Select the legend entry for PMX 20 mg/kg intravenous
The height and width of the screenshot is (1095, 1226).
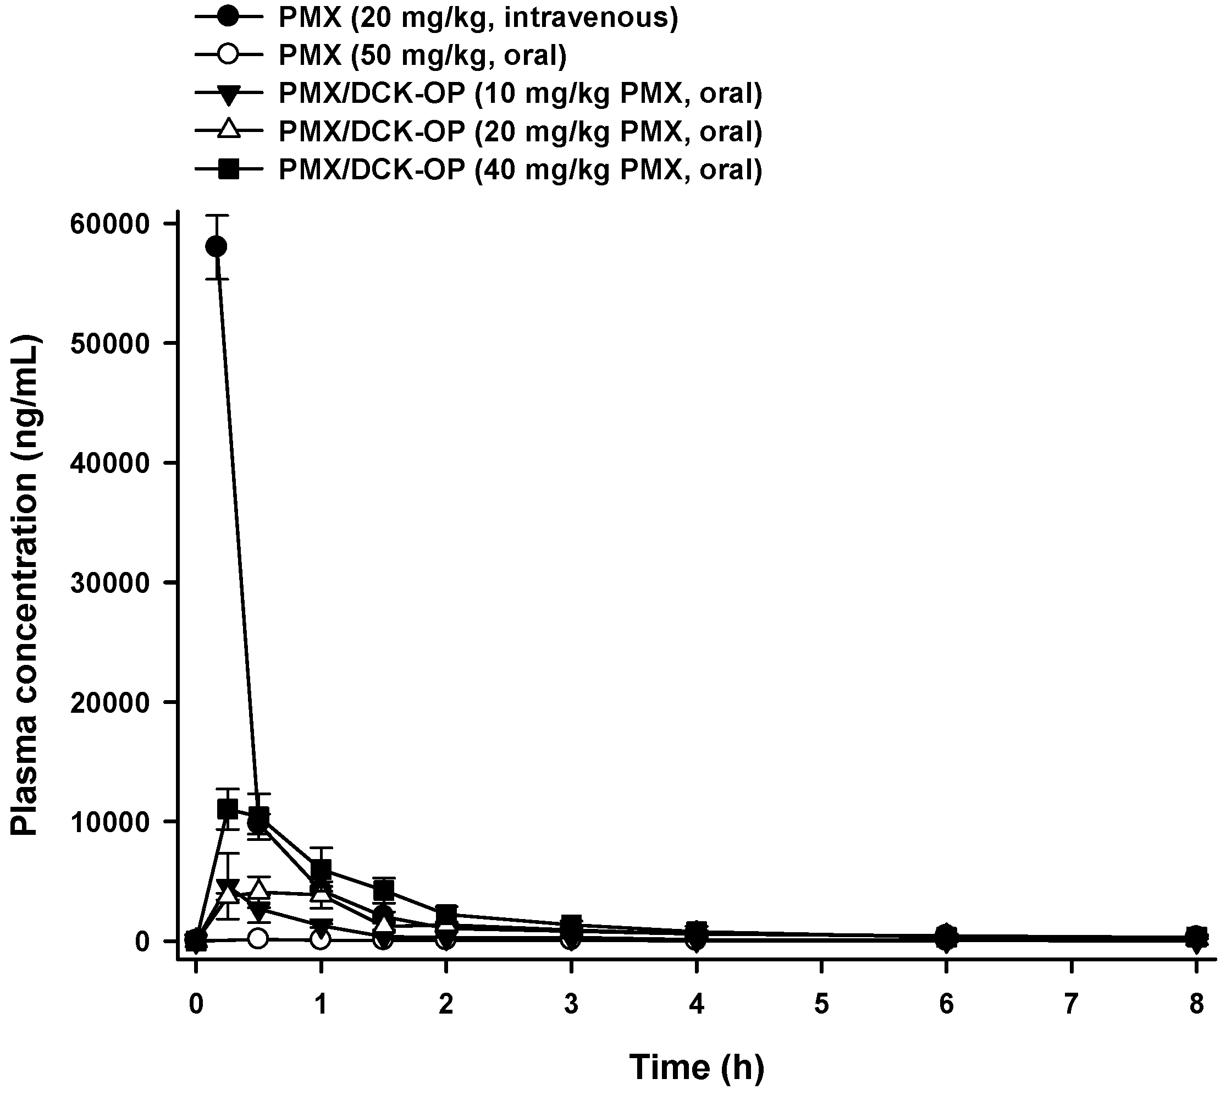(478, 18)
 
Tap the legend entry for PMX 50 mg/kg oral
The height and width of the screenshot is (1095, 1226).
(422, 56)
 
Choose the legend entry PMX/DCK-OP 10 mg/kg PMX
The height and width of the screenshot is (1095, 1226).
(520, 94)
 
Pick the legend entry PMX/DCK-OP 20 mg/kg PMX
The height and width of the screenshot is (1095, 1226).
(520, 132)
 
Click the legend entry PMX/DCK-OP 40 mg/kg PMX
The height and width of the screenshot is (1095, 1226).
(520, 170)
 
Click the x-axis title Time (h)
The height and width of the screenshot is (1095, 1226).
(696, 1068)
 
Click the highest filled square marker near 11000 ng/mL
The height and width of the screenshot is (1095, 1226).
(227, 809)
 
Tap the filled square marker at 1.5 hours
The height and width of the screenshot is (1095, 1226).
(384, 889)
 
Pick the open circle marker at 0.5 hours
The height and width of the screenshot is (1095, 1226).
(258, 939)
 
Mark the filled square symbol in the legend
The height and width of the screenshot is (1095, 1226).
(229, 170)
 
